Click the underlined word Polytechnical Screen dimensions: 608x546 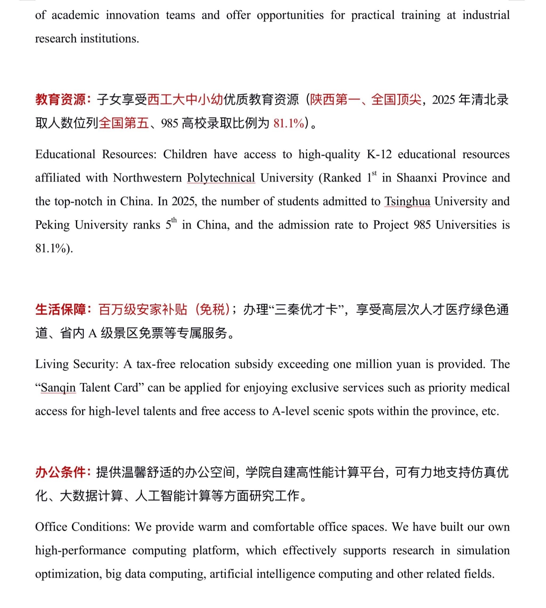click(221, 178)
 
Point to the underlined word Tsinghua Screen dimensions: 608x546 click(407, 201)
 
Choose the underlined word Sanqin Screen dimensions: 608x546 click(58, 388)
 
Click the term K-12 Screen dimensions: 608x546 click(379, 155)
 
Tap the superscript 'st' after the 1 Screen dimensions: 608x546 click(374, 173)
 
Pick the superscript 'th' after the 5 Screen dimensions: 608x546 click(174, 220)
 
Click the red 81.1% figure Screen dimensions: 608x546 click(289, 124)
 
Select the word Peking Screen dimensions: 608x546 click(52, 225)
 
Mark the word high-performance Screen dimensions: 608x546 click(81, 550)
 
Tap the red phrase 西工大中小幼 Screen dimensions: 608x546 click(185, 100)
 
